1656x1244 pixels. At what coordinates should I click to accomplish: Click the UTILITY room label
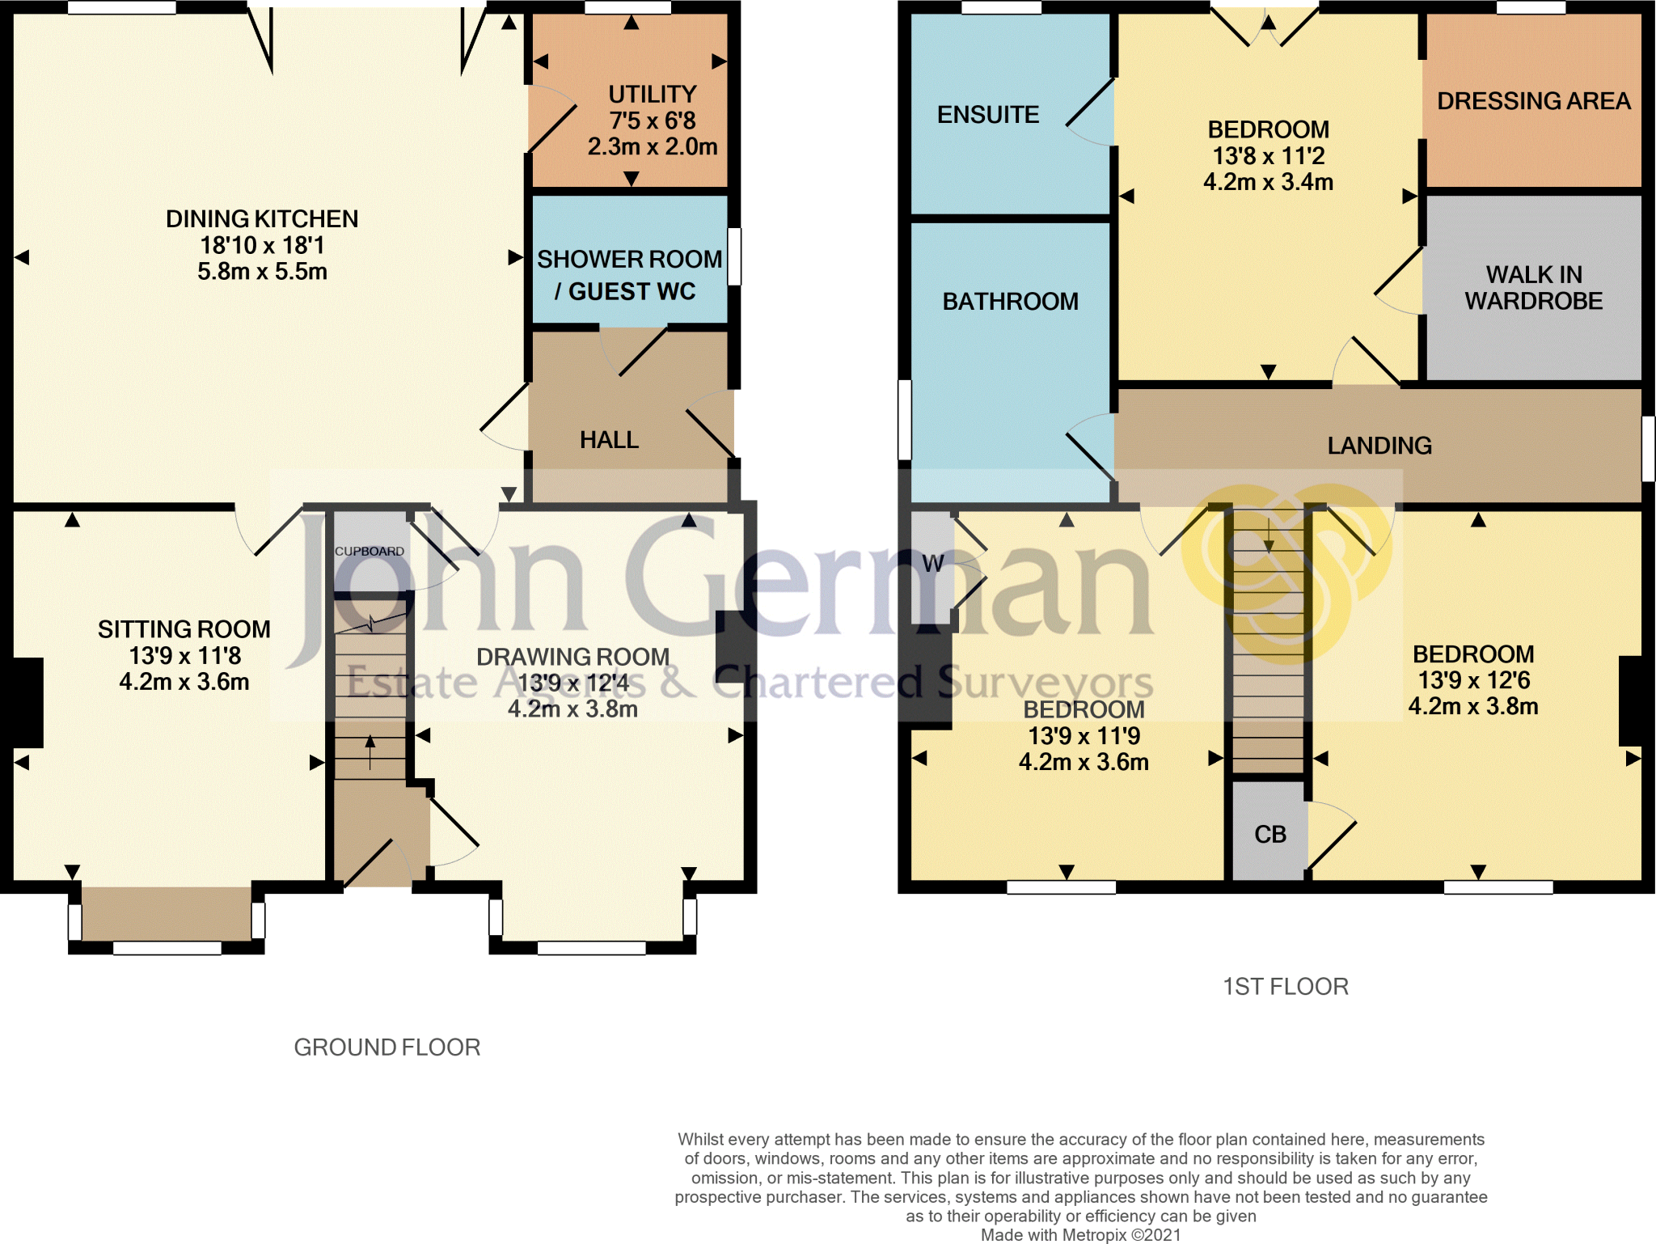652,95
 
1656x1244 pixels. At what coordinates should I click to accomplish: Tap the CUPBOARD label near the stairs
370,552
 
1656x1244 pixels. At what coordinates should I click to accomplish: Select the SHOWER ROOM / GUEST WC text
629,275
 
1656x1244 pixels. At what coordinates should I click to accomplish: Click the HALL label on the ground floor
609,440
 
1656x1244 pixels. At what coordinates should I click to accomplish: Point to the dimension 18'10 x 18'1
262,245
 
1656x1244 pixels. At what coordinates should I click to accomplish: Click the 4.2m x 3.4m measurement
1268,182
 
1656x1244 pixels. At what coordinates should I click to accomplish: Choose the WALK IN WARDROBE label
1533,288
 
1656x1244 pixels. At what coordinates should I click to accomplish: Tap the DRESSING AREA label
1533,101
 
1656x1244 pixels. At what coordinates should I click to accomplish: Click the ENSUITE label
987,115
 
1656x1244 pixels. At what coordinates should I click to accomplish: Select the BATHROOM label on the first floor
1010,302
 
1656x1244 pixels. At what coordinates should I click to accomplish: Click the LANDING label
1379,446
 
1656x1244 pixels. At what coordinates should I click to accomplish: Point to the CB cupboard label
1269,835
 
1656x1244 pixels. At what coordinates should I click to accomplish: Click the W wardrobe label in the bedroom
932,564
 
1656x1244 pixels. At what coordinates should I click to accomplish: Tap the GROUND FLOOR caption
387,1047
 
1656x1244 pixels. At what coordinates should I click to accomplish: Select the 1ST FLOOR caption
1285,987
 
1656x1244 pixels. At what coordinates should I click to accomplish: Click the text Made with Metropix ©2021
1080,1235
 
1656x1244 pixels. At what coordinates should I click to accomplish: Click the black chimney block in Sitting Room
27,702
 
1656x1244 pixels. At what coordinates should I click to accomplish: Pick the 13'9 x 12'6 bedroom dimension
1473,680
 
